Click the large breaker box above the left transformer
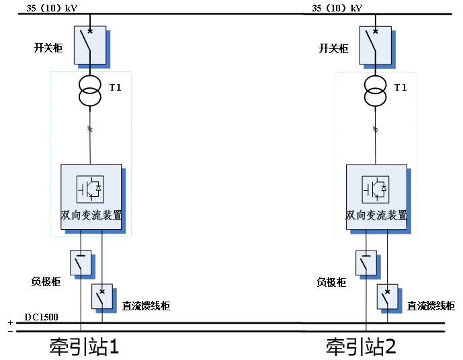coord(90,45)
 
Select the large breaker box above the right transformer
coord(375,45)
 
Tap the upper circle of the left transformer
coord(90,85)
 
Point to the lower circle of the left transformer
coord(90,97)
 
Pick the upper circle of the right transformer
coord(375,85)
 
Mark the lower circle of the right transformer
coord(375,97)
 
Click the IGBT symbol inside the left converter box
coord(90,189)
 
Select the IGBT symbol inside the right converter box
coord(375,189)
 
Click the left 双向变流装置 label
coord(91,216)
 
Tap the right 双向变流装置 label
coord(376,216)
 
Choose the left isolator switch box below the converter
coord(81,263)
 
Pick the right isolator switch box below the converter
coord(366,263)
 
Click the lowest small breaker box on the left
coord(102,296)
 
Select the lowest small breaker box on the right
coord(387,296)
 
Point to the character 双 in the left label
coord(67,216)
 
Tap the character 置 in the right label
coord(402,216)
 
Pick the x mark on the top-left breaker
coord(90,31)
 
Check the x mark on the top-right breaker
coord(375,31)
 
